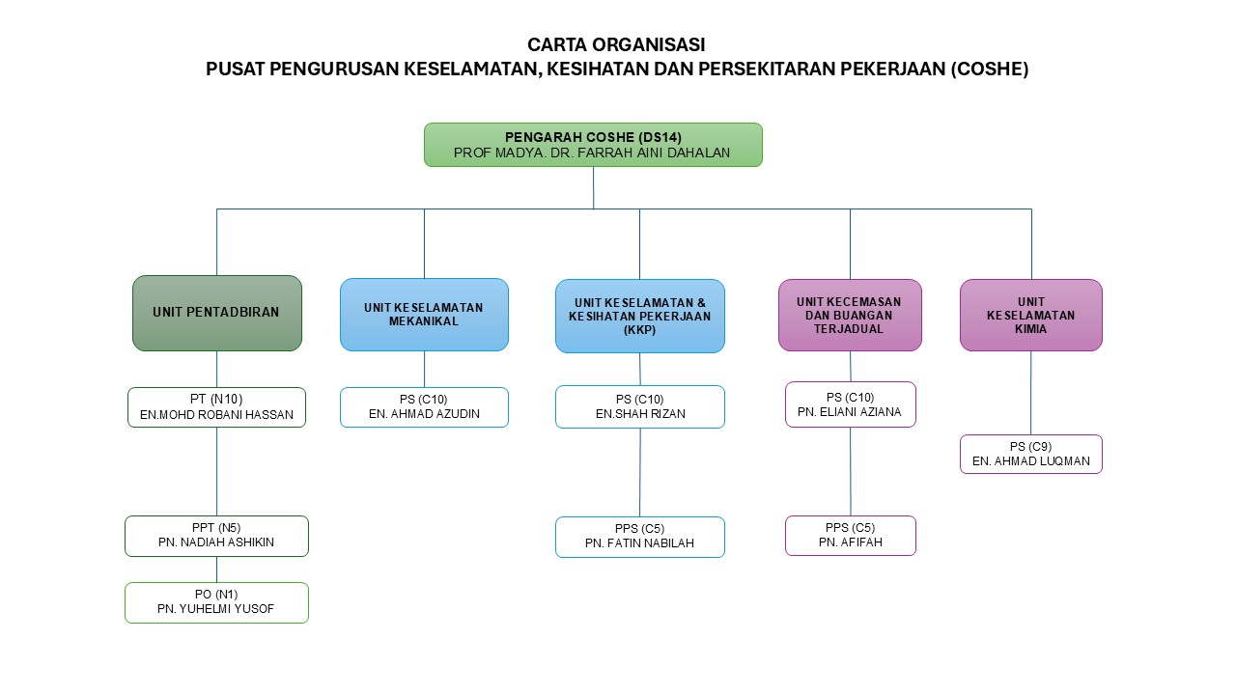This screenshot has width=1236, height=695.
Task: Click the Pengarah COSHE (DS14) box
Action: tap(593, 145)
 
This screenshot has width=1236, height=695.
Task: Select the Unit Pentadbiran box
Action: tap(216, 313)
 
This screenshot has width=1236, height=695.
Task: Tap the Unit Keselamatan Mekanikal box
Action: tap(424, 315)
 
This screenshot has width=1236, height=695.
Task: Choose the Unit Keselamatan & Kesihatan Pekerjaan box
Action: tap(639, 316)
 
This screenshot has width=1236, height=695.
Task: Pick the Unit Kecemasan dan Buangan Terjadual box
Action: tap(850, 315)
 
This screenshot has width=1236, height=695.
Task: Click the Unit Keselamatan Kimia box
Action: tap(1030, 315)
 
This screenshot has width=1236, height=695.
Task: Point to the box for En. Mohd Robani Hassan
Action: tap(216, 407)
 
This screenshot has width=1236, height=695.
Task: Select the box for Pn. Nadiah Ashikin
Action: tap(216, 536)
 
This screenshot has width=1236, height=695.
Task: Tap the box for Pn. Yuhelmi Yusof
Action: tap(216, 602)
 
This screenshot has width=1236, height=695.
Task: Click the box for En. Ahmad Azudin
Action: tap(424, 407)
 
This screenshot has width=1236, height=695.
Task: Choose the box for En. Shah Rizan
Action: tap(639, 407)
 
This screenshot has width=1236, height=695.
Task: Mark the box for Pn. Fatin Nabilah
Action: tap(639, 537)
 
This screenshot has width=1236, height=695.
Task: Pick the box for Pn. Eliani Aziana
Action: tap(850, 404)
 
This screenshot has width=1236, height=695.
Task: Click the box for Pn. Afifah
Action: tap(850, 536)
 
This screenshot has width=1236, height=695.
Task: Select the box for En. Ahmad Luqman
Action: tap(1030, 454)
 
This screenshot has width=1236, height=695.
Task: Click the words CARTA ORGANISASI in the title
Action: tap(616, 44)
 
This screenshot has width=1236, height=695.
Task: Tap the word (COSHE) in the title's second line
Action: tap(990, 69)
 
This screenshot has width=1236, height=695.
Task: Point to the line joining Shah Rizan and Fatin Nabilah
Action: tap(640, 472)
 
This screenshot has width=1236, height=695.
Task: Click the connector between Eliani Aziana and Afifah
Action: tap(851, 471)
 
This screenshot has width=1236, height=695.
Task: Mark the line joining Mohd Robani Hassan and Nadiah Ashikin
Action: tap(216, 471)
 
